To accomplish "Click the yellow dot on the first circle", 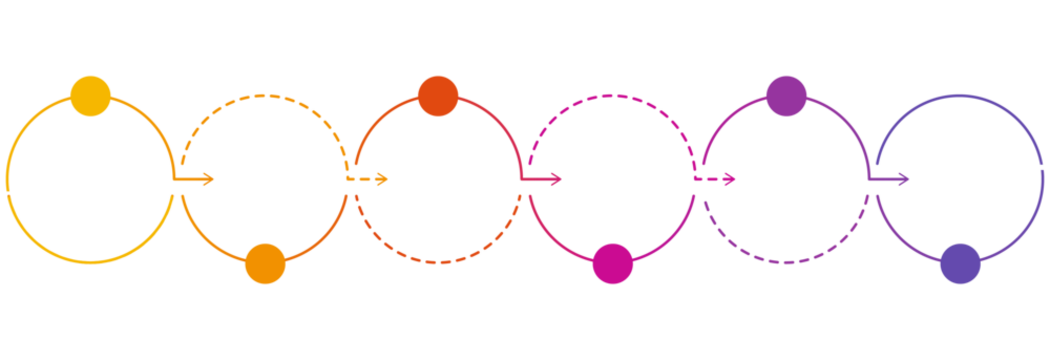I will click(90, 96).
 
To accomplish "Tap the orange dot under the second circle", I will click(265, 263).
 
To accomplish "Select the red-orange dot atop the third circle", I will click(438, 96).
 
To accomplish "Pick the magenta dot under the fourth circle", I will click(612, 263).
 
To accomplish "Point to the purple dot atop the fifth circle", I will click(786, 96).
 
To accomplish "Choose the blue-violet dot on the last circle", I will click(960, 263).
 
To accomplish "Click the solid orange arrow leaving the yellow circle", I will click(195, 180).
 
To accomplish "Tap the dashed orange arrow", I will click(370, 180).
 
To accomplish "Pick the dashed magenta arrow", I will click(718, 180).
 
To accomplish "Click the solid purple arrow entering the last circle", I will click(891, 180).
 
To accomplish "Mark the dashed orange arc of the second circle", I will click(265, 96).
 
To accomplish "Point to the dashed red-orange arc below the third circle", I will click(438, 263).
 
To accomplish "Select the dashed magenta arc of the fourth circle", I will click(612, 96).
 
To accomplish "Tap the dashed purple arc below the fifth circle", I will click(786, 263).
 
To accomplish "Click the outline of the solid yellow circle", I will click(8, 180).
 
